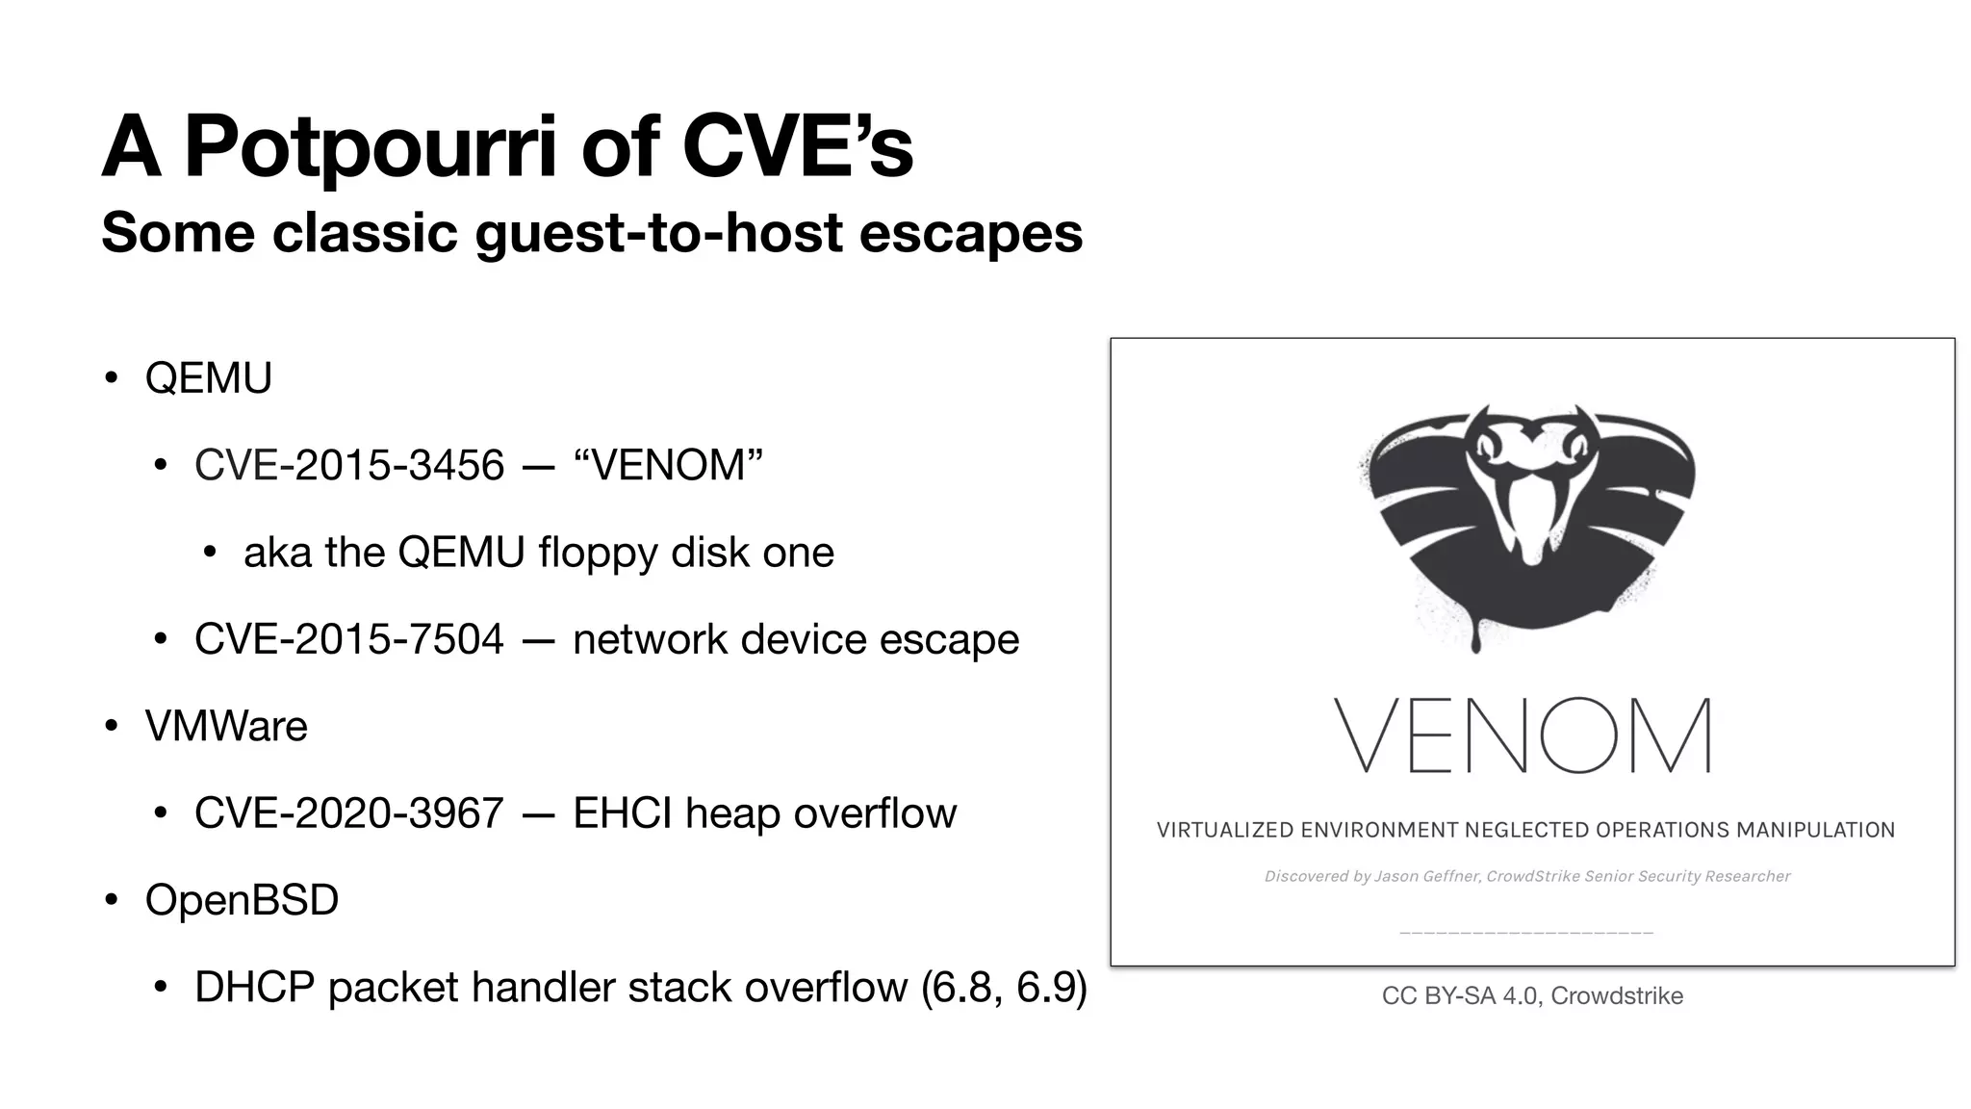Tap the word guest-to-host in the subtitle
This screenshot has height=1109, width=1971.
pyautogui.click(x=659, y=233)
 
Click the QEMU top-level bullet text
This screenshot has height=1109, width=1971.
pyautogui.click(x=208, y=377)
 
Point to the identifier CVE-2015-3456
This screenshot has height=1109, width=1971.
pyautogui.click(x=349, y=465)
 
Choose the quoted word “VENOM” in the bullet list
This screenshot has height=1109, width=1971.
pyautogui.click(x=668, y=465)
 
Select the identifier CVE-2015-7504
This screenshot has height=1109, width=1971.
pyautogui.click(x=349, y=639)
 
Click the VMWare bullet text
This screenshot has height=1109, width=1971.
pyautogui.click(x=226, y=726)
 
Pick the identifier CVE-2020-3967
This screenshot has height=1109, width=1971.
pyautogui.click(x=349, y=813)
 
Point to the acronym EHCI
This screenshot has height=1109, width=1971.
pyautogui.click(x=622, y=813)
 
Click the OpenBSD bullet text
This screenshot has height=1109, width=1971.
pyautogui.click(x=242, y=900)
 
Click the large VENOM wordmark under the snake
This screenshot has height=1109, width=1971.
pyautogui.click(x=1523, y=736)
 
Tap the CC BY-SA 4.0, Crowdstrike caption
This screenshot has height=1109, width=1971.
pyautogui.click(x=1532, y=995)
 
